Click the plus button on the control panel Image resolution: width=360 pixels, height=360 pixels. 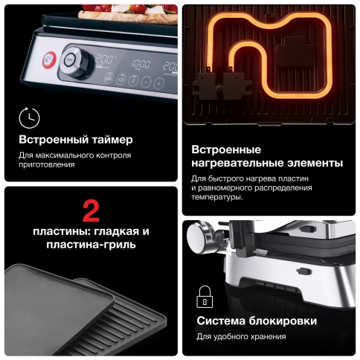[x=158, y=82]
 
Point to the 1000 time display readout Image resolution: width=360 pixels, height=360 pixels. [x=140, y=64]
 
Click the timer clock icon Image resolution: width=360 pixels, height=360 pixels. [x=29, y=117]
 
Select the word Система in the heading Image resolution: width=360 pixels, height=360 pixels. [x=222, y=321]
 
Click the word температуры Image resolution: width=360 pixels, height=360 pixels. [x=216, y=197]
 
